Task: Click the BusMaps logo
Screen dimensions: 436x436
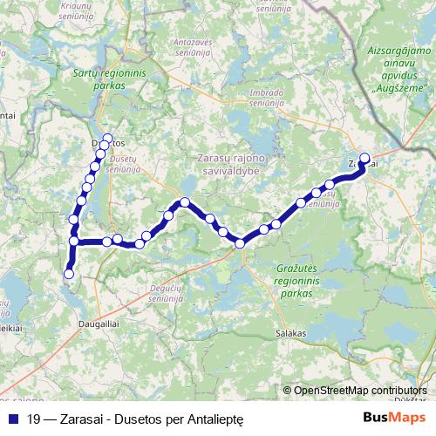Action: coord(394,418)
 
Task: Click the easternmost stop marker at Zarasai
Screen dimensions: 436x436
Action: coord(365,159)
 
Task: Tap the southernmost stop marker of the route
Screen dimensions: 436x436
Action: coord(68,276)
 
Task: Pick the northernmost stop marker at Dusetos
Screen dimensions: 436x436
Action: coord(107,138)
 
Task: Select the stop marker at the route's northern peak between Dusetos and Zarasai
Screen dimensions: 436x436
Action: coord(184,202)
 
